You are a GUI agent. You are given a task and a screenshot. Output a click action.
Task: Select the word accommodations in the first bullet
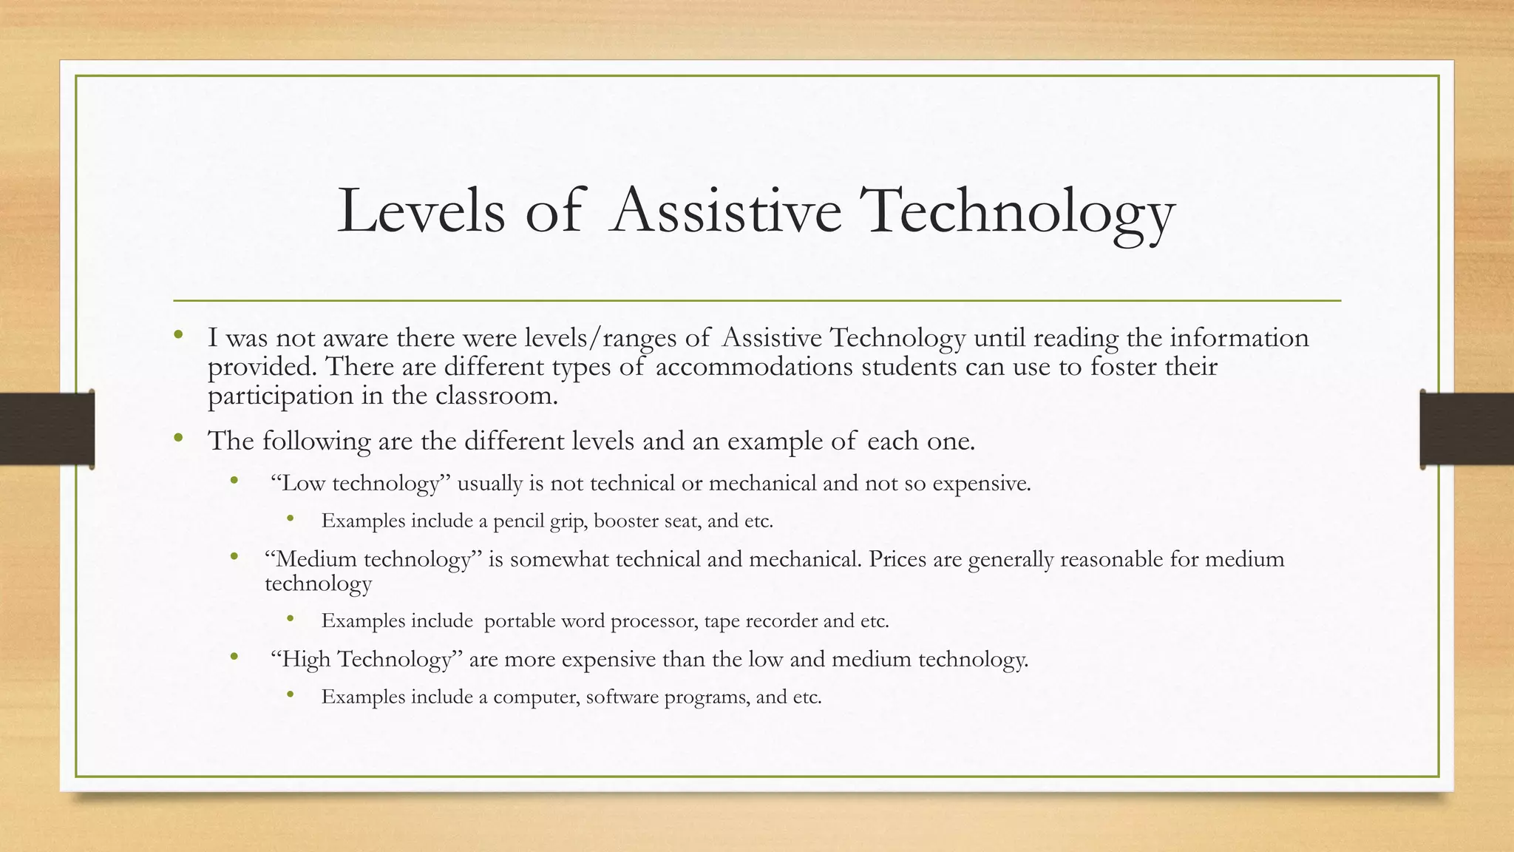point(754,367)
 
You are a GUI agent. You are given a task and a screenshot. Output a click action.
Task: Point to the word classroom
point(496,396)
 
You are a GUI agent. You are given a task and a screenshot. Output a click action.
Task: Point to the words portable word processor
point(590,621)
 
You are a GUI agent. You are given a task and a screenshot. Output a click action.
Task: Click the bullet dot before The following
point(178,439)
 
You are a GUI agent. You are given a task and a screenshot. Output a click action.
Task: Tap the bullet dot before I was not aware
point(178,336)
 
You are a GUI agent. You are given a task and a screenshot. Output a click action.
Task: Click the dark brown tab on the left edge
point(47,430)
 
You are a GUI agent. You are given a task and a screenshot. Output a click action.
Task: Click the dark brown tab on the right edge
point(1467,430)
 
